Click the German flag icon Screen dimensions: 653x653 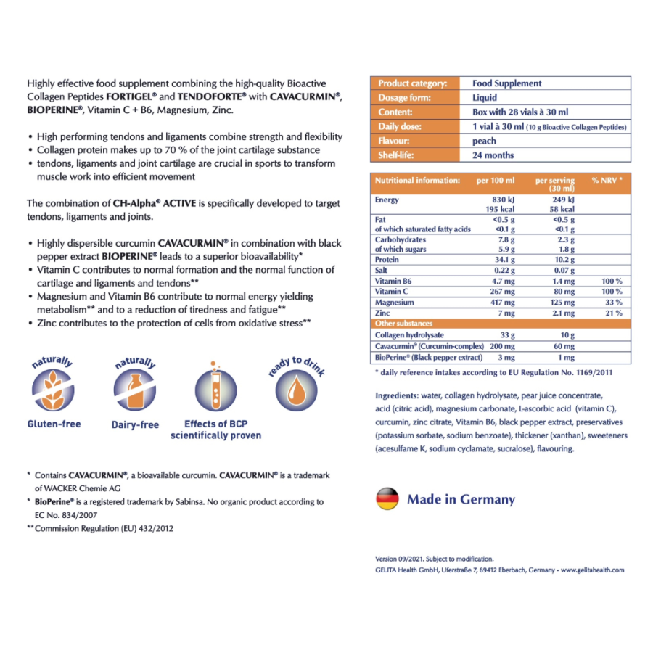[387, 498]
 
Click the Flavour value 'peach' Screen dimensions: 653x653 [484, 141]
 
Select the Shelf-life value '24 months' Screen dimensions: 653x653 [493, 155]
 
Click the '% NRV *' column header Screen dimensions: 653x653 [607, 180]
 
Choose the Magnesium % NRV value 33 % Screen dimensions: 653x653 [613, 302]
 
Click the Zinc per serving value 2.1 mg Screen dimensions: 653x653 [562, 313]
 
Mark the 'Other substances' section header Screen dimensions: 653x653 [403, 324]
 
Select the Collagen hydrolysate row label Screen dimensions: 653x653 [408, 335]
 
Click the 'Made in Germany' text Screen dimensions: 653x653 [461, 499]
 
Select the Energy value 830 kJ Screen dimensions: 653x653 [504, 200]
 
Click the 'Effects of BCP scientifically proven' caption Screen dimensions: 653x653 [215, 430]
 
